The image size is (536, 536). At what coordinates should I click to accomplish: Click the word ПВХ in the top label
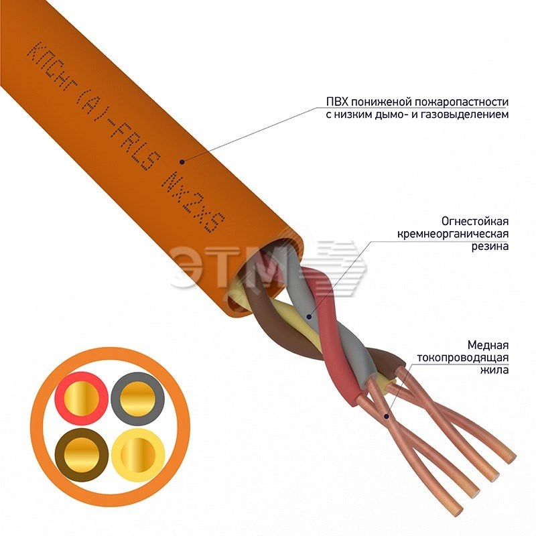pyautogui.click(x=336, y=102)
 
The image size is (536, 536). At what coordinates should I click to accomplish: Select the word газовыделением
pyautogui.click(x=470, y=115)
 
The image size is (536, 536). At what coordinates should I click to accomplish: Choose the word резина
pyautogui.click(x=491, y=246)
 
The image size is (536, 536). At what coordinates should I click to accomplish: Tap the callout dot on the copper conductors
pyautogui.click(x=387, y=415)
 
